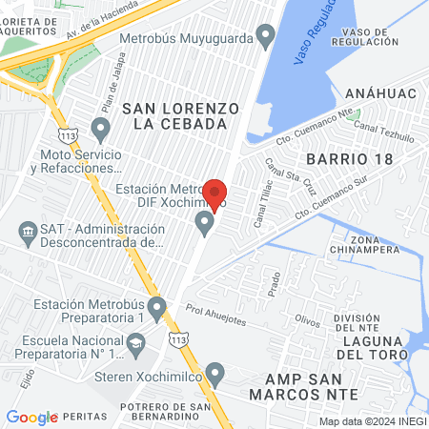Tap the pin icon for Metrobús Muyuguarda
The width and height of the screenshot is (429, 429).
point(266,39)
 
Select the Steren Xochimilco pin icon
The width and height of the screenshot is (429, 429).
point(215,372)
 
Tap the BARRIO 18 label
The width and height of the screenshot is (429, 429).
point(349,158)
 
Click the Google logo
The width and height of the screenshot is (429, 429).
point(31,417)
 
